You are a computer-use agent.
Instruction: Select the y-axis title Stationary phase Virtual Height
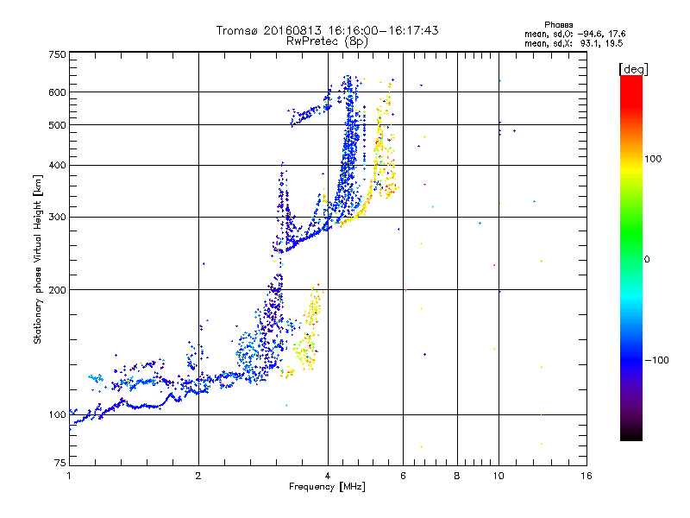pos(38,260)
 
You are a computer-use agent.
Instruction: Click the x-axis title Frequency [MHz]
pos(327,488)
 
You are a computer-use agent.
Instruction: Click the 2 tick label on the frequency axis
pos(198,476)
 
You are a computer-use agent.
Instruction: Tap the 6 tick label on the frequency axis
pos(403,476)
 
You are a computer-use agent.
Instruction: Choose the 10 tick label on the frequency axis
pos(499,476)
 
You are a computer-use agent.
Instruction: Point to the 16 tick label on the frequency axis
pos(586,476)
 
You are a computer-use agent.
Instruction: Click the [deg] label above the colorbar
pos(634,68)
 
